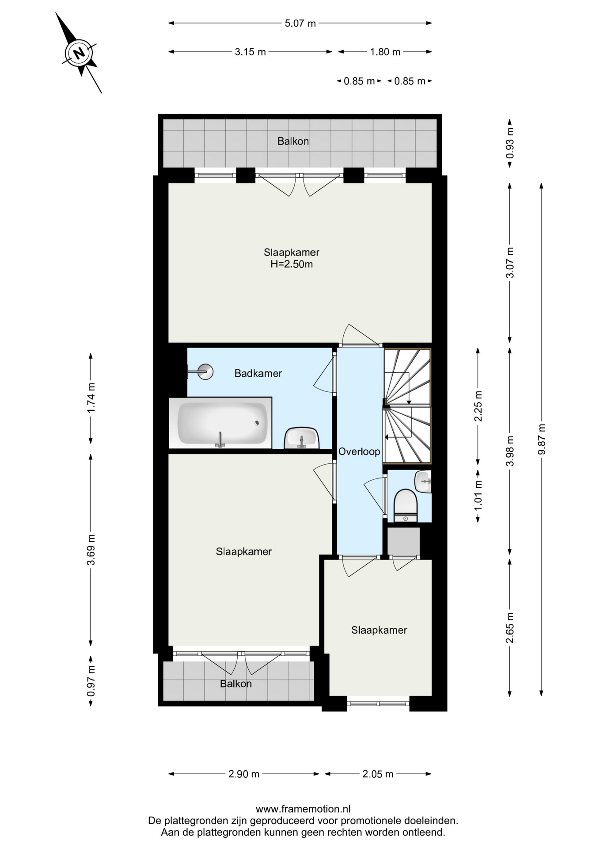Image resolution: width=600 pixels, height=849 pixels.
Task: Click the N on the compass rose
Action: point(79,53)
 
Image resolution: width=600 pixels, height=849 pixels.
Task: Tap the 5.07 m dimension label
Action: point(300,23)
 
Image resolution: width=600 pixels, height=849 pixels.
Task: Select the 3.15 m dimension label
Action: point(250,52)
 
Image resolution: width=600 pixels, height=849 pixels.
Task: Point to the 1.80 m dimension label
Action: point(385,52)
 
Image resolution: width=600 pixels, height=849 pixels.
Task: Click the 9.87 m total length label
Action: point(542,439)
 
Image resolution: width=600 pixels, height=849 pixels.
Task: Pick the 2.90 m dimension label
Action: point(244,774)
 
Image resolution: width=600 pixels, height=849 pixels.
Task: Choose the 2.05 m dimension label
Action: point(378,774)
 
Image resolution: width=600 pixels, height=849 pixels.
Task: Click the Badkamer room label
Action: point(258,374)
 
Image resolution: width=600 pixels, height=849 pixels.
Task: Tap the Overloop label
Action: point(359,452)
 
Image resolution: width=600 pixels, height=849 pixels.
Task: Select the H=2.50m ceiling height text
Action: point(292,264)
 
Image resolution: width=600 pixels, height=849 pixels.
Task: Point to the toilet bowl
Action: point(406,505)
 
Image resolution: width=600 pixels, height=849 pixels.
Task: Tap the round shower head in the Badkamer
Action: point(205,372)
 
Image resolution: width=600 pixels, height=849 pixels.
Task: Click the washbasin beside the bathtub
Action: point(302,438)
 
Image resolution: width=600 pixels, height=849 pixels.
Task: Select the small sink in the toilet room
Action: point(423,482)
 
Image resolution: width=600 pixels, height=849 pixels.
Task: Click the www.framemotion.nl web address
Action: point(303,809)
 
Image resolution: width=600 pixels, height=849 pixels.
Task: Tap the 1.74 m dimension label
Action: point(91,398)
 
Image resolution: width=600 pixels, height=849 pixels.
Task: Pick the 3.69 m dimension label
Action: point(91,550)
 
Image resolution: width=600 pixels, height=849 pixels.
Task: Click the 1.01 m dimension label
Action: point(478,496)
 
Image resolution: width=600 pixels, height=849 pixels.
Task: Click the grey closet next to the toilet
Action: point(403,541)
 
